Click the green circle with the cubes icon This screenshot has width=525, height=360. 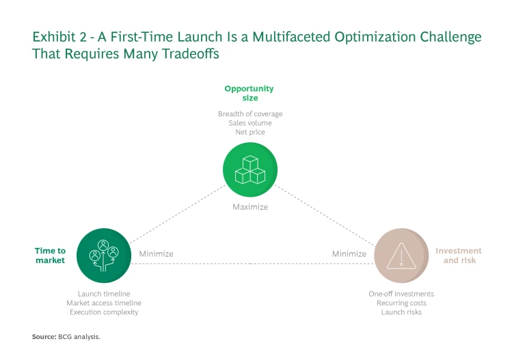tap(250, 171)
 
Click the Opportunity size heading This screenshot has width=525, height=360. tap(249, 93)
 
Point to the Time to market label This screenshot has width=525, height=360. tap(50, 255)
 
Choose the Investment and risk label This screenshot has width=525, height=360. tap(459, 255)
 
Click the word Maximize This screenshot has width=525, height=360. tap(250, 206)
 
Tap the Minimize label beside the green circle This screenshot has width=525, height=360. tap(156, 253)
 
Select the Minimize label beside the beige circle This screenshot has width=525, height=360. tap(349, 253)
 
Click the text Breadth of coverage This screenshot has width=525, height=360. tap(250, 113)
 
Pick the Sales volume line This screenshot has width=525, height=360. tap(250, 123)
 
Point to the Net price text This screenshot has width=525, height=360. tap(250, 132)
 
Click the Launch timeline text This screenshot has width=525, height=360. tap(104, 294)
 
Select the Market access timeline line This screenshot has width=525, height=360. tap(104, 303)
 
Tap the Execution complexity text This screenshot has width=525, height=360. tap(104, 312)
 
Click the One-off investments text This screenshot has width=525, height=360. tap(401, 294)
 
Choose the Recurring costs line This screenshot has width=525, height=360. tap(401, 303)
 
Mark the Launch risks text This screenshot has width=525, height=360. tap(401, 312)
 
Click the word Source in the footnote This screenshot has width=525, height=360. tap(44, 336)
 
